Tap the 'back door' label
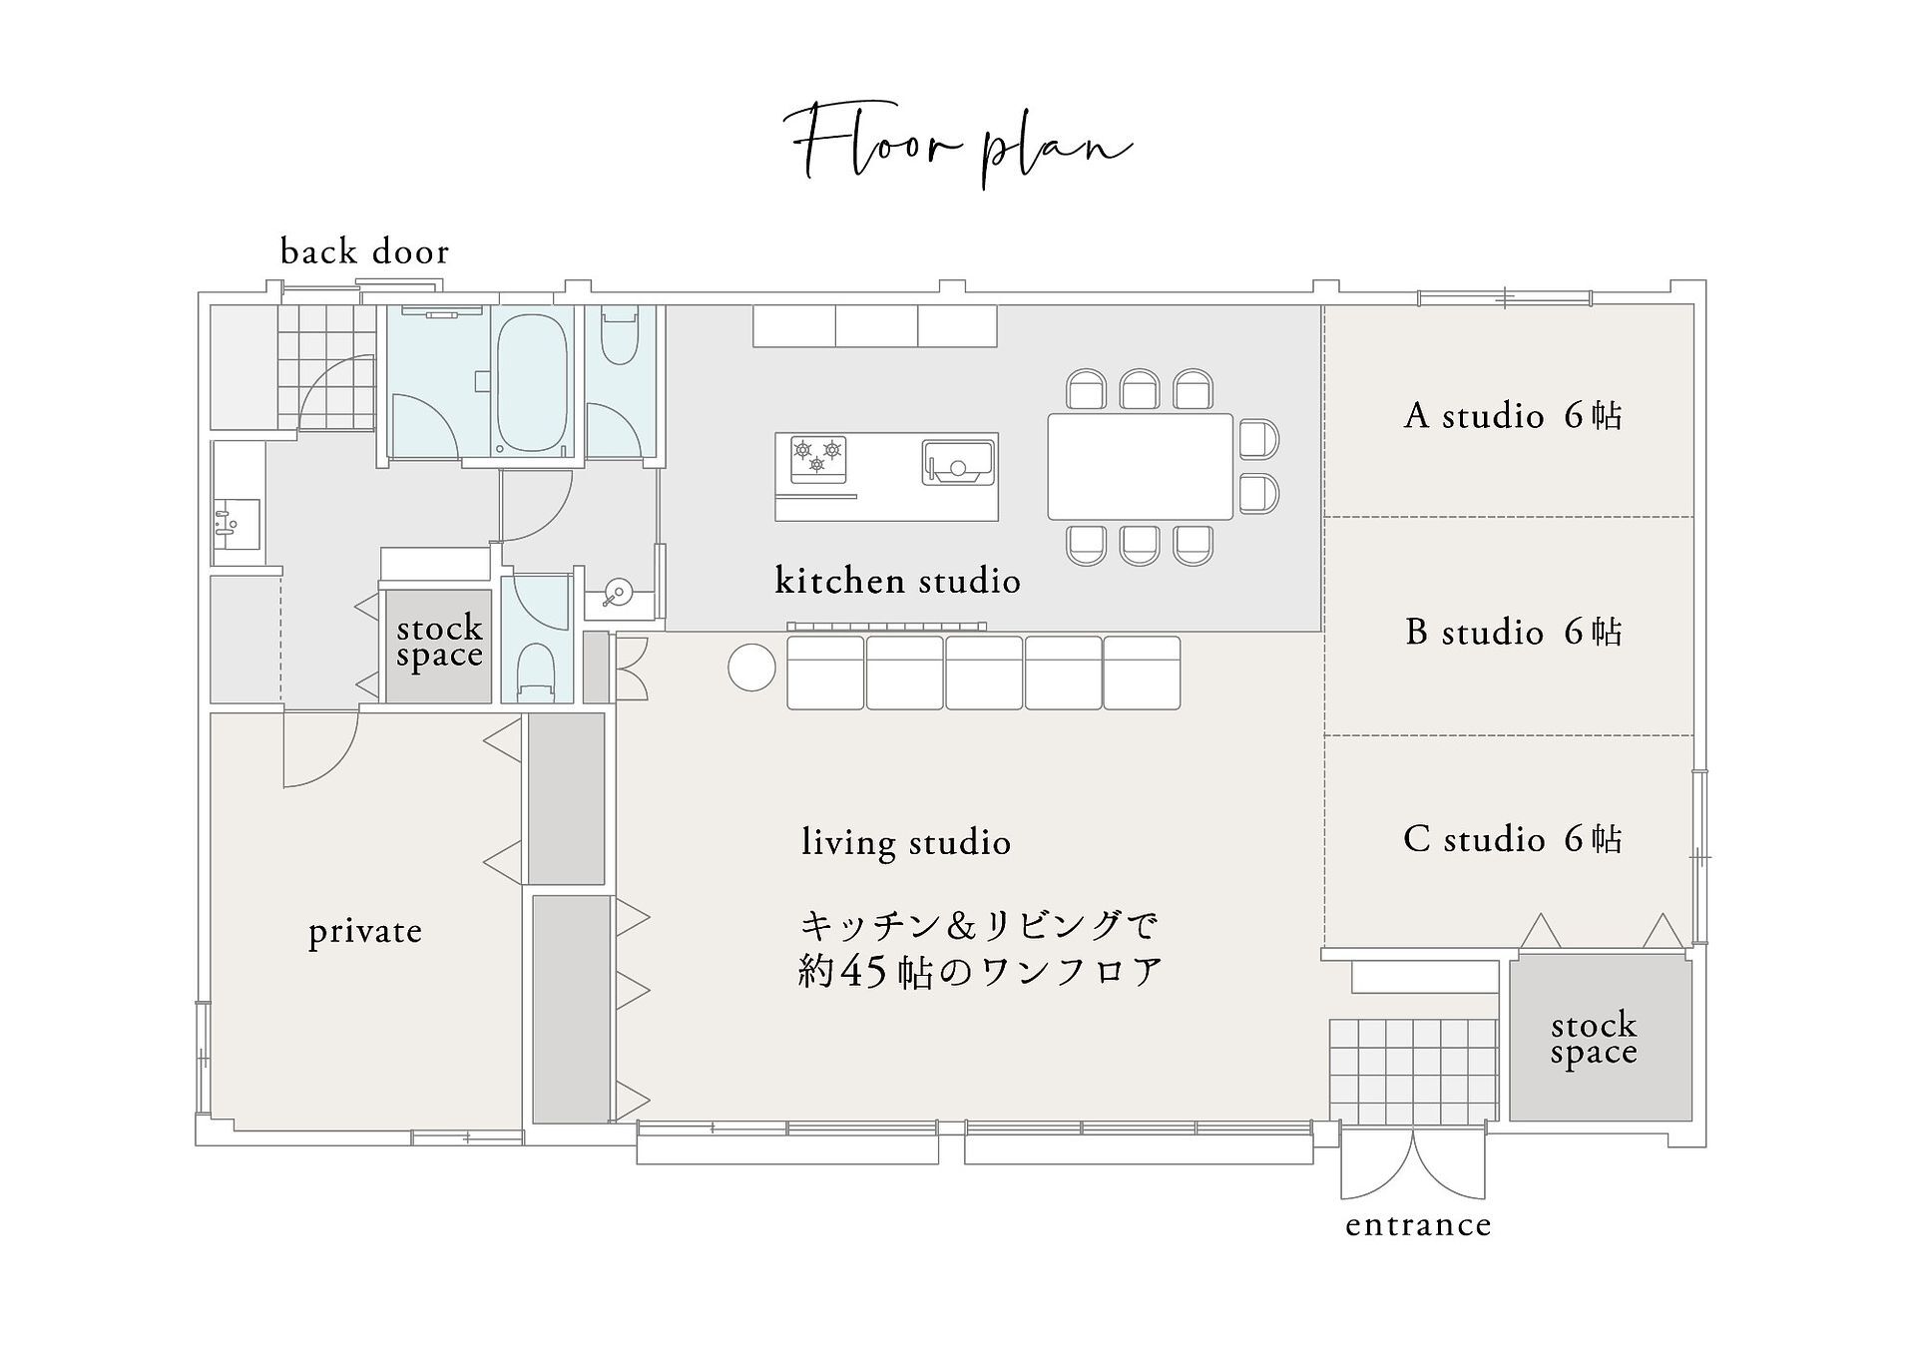364,251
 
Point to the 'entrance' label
1418,1224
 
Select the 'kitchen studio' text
897,580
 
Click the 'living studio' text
906,841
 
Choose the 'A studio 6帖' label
1513,415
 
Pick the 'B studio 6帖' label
1513,632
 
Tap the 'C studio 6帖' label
1513,839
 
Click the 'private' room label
365,931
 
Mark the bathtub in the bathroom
533,383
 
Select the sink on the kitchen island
958,462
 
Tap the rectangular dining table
1140,466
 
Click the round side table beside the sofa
751,668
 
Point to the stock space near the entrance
1601,1039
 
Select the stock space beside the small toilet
439,646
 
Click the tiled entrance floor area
1414,1071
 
